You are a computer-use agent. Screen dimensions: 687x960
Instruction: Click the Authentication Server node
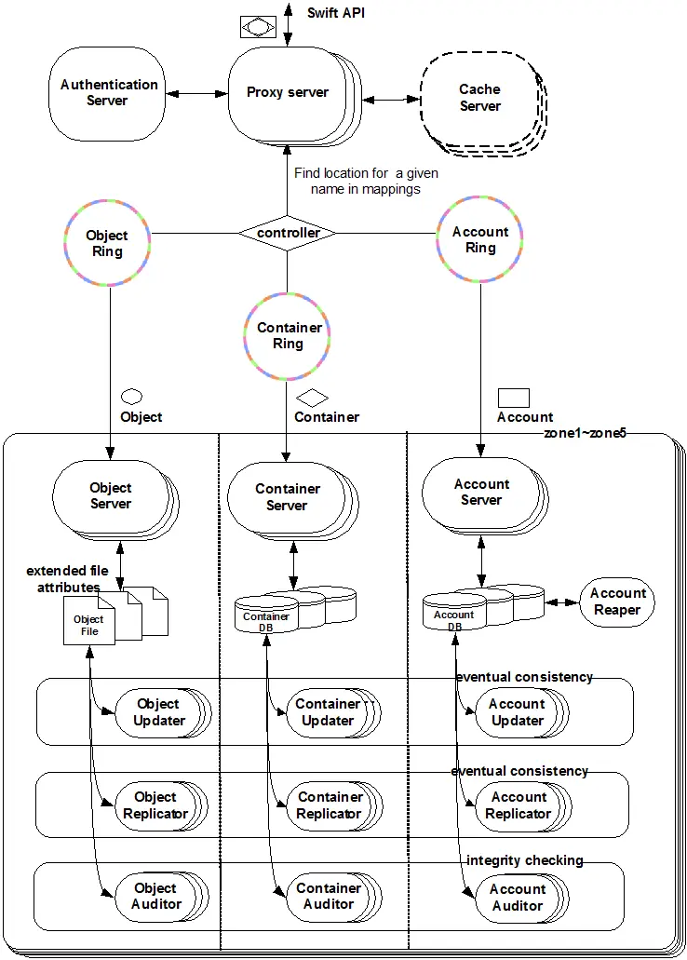(107, 94)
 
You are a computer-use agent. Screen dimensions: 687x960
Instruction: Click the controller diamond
(287, 233)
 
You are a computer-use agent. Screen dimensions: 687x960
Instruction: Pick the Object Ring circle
(107, 243)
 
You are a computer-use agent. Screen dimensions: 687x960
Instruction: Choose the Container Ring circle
(287, 336)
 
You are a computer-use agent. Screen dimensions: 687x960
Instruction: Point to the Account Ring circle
(480, 239)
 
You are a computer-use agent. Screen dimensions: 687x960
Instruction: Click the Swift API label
(335, 13)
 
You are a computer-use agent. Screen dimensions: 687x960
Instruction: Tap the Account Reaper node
(617, 602)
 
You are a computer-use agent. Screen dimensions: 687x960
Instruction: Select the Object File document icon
(89, 621)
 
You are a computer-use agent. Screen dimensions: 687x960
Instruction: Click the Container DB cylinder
(266, 615)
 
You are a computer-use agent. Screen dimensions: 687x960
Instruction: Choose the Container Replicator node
(334, 805)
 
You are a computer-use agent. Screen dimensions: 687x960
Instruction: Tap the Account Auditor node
(521, 899)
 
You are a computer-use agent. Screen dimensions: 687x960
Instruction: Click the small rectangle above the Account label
(514, 398)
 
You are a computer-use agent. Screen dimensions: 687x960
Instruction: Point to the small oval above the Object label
(131, 397)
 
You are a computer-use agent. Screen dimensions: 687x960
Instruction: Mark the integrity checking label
(525, 860)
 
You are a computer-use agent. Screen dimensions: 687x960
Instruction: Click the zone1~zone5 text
(586, 433)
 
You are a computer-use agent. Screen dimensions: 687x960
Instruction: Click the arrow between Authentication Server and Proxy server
(196, 94)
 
